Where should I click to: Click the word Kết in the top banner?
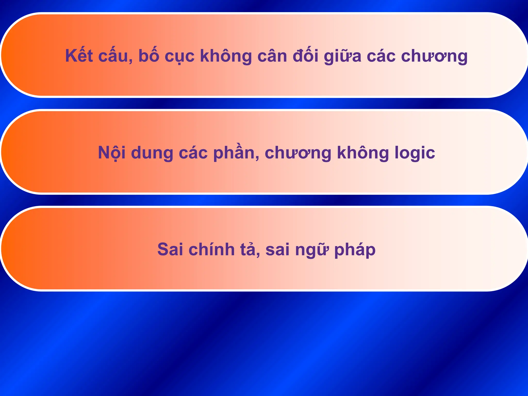[x=79, y=56]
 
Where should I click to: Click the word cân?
[x=272, y=56]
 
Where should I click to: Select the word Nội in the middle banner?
[x=112, y=153]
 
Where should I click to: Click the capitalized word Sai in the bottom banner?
[x=170, y=250]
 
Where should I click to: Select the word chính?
[x=211, y=250]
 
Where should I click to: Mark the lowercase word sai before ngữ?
[x=277, y=250]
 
